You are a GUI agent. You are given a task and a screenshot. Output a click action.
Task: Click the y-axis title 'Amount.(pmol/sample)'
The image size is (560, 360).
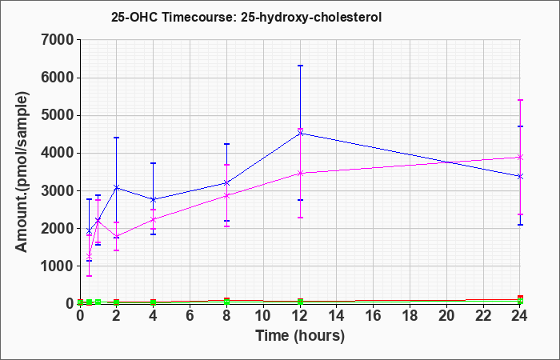point(22,172)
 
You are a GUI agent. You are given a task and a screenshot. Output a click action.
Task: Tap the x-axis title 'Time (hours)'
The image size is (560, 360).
point(300,336)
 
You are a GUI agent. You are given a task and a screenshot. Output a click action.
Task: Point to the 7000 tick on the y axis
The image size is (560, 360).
point(58,40)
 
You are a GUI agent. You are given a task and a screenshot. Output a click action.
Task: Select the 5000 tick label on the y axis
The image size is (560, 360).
point(58,115)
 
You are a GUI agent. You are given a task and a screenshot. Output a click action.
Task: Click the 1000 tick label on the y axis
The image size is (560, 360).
point(58,266)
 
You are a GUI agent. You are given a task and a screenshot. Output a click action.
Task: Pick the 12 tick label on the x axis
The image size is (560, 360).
point(300,315)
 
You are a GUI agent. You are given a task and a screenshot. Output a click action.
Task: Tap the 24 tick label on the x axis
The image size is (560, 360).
point(520,315)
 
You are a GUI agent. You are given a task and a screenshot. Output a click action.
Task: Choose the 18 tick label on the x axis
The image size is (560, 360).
point(410,315)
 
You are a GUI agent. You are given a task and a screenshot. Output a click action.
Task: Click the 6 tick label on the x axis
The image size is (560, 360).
point(190,315)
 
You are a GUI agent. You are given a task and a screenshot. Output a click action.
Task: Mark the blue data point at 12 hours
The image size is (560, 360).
point(300,134)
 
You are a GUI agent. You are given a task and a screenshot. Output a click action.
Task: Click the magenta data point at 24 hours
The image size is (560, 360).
point(520,157)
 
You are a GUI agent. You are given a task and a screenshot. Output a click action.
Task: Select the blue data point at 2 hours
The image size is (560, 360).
point(117,187)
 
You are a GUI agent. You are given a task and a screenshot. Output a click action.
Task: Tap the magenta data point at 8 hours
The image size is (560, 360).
point(226,196)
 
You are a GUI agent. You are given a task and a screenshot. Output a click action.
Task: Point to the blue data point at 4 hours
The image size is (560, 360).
point(154,199)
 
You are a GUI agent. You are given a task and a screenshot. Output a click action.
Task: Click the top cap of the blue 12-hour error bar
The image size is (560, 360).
point(300,66)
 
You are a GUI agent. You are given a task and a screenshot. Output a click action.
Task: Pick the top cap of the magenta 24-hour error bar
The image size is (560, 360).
point(520,100)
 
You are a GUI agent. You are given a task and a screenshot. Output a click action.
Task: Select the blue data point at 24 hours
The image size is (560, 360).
point(520,177)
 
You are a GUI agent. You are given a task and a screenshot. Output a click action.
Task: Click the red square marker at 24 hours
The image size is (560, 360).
point(520,298)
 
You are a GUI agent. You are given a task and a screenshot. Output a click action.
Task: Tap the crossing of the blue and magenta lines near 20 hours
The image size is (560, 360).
point(446,162)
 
